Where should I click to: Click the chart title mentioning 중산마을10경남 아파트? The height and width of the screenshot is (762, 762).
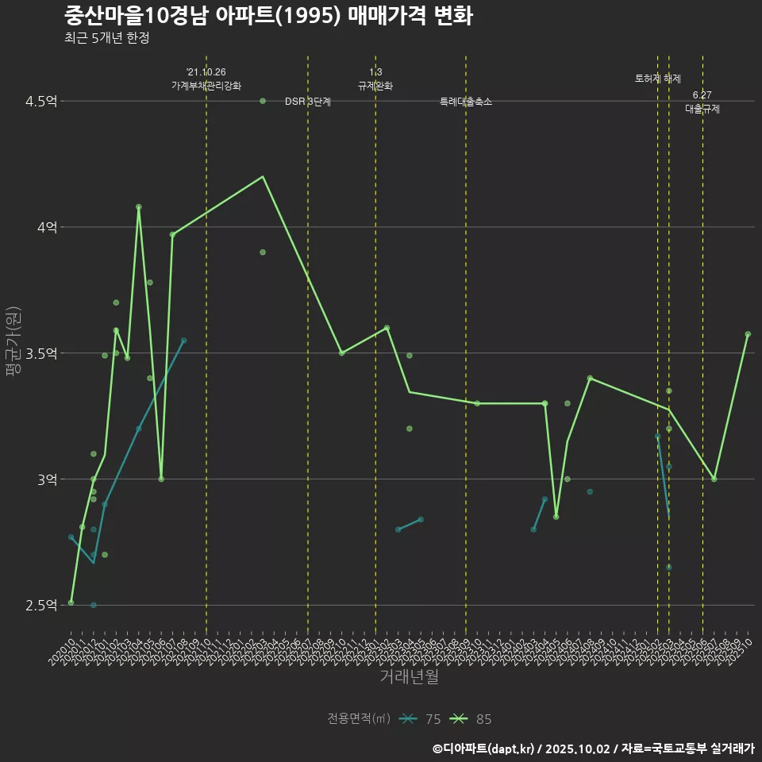[268, 15]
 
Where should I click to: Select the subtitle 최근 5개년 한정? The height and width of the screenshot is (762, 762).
[106, 37]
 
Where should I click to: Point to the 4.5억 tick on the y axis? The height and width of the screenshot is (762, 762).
[41, 101]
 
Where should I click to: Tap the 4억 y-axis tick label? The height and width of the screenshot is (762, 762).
[46, 227]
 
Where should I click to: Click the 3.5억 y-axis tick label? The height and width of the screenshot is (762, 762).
[41, 353]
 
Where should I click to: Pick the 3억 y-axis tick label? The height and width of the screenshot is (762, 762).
[46, 479]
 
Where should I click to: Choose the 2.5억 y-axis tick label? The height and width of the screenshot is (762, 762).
[41, 606]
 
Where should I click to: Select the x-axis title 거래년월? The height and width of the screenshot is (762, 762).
[409, 677]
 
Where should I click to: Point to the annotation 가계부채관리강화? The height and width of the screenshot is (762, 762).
[206, 86]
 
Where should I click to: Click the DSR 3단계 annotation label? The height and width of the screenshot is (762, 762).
[308, 102]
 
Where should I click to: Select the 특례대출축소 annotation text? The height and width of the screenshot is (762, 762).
[466, 102]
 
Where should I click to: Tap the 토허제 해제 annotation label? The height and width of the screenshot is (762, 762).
[658, 79]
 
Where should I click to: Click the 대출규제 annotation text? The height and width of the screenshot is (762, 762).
[702, 110]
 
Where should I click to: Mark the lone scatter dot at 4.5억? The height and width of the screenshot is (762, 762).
[263, 101]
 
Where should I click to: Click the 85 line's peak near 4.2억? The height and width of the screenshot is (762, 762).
[263, 177]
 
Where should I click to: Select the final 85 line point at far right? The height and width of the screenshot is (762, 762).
[748, 334]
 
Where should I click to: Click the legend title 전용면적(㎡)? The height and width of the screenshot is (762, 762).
[359, 719]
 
